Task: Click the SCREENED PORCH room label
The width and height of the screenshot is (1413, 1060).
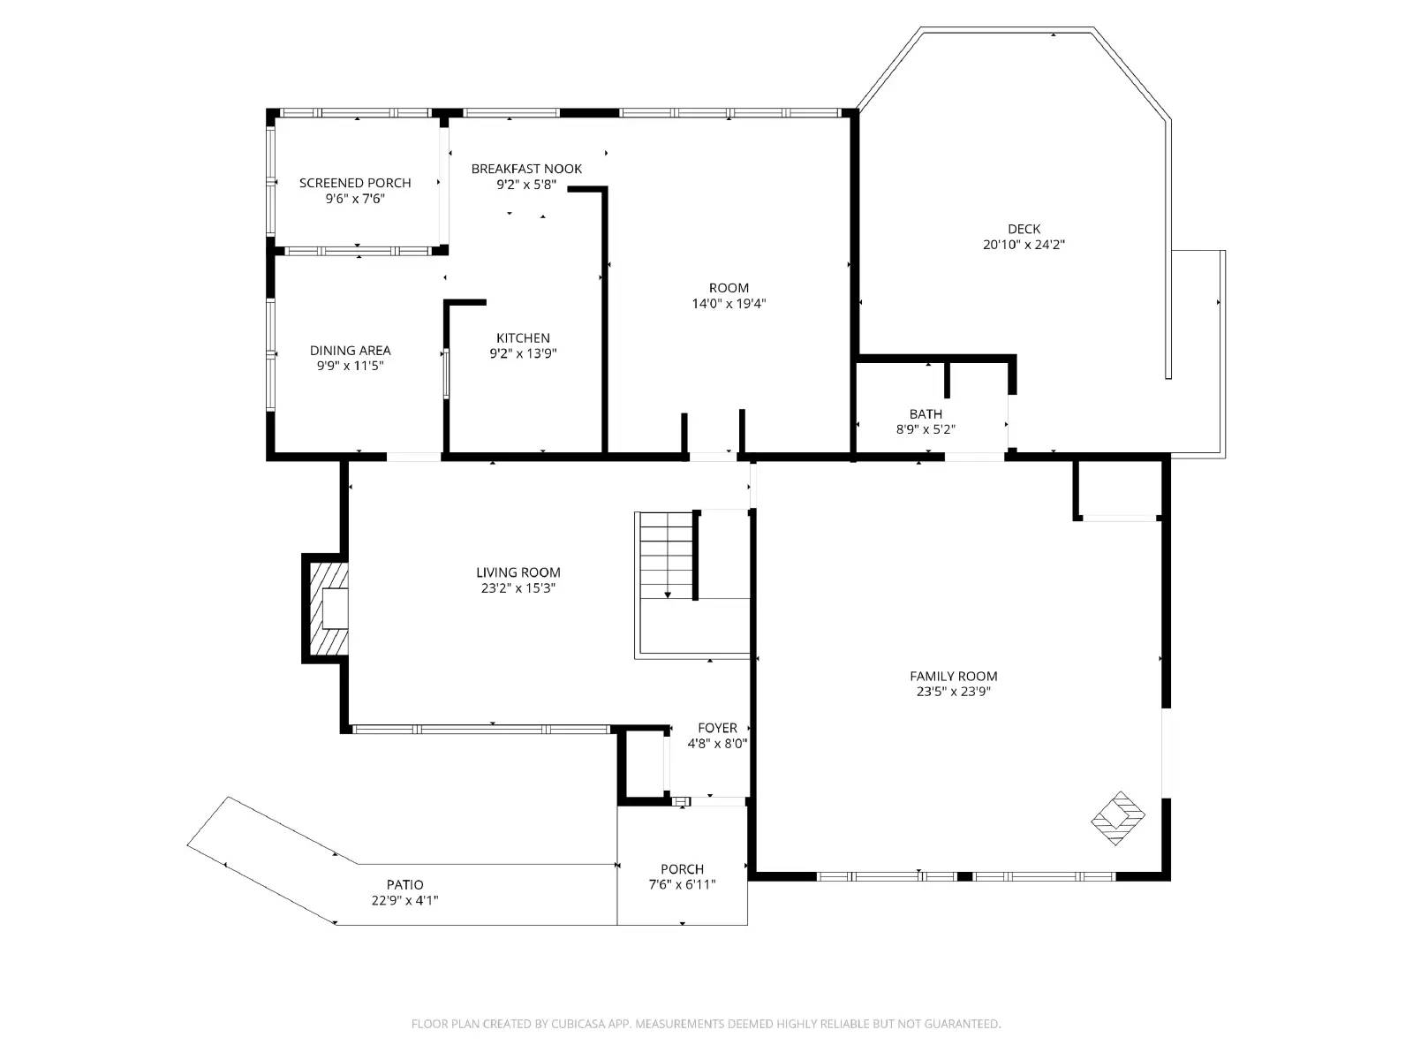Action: pyautogui.click(x=355, y=183)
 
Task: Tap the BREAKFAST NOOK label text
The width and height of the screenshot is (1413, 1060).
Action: pyautogui.click(x=526, y=169)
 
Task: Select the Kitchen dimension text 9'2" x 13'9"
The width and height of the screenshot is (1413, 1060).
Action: pyautogui.click(x=523, y=353)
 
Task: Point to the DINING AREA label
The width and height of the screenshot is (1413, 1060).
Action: pyautogui.click(x=351, y=351)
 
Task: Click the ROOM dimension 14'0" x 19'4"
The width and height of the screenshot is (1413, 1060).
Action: pyautogui.click(x=729, y=304)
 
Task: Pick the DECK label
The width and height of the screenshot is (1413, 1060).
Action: pyautogui.click(x=1024, y=229)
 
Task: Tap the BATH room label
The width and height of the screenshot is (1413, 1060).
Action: pyautogui.click(x=926, y=414)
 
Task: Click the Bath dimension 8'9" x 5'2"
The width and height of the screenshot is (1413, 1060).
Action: pyautogui.click(x=926, y=430)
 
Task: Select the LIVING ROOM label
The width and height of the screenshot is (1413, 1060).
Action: pyautogui.click(x=518, y=572)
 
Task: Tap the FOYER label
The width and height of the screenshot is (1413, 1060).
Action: pyautogui.click(x=717, y=728)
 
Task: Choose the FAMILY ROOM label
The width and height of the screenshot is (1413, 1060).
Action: pyautogui.click(x=954, y=677)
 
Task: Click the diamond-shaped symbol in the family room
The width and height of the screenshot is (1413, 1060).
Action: pyautogui.click(x=1118, y=819)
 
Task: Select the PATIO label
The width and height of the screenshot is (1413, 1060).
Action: pyautogui.click(x=404, y=885)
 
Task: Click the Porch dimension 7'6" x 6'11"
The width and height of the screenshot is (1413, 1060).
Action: pyautogui.click(x=682, y=885)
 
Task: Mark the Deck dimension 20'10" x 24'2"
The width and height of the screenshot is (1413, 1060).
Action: pyautogui.click(x=1024, y=246)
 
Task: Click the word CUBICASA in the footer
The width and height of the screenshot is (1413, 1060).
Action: pyautogui.click(x=578, y=1024)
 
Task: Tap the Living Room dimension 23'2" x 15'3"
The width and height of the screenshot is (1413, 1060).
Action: pyautogui.click(x=518, y=588)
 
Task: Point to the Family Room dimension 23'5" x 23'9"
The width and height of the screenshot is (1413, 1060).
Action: pyautogui.click(x=954, y=692)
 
